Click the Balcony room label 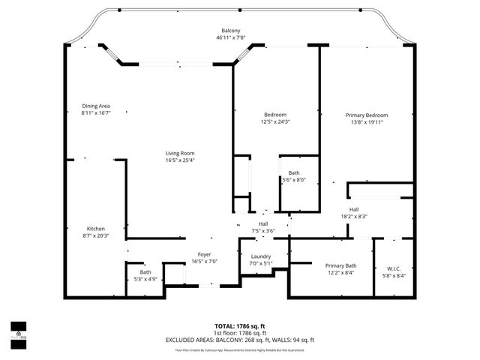(230, 31)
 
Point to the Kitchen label (95, 229)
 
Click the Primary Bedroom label (366, 115)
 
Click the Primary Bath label (340, 265)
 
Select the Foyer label (204, 254)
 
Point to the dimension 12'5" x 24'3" (274, 121)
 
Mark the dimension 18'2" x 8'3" (354, 216)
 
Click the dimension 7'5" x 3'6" (263, 230)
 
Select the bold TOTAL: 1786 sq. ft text (239, 326)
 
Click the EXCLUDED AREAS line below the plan (239, 340)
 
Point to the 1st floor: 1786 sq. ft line (239, 333)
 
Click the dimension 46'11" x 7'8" (230, 37)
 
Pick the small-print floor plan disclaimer (239, 349)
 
